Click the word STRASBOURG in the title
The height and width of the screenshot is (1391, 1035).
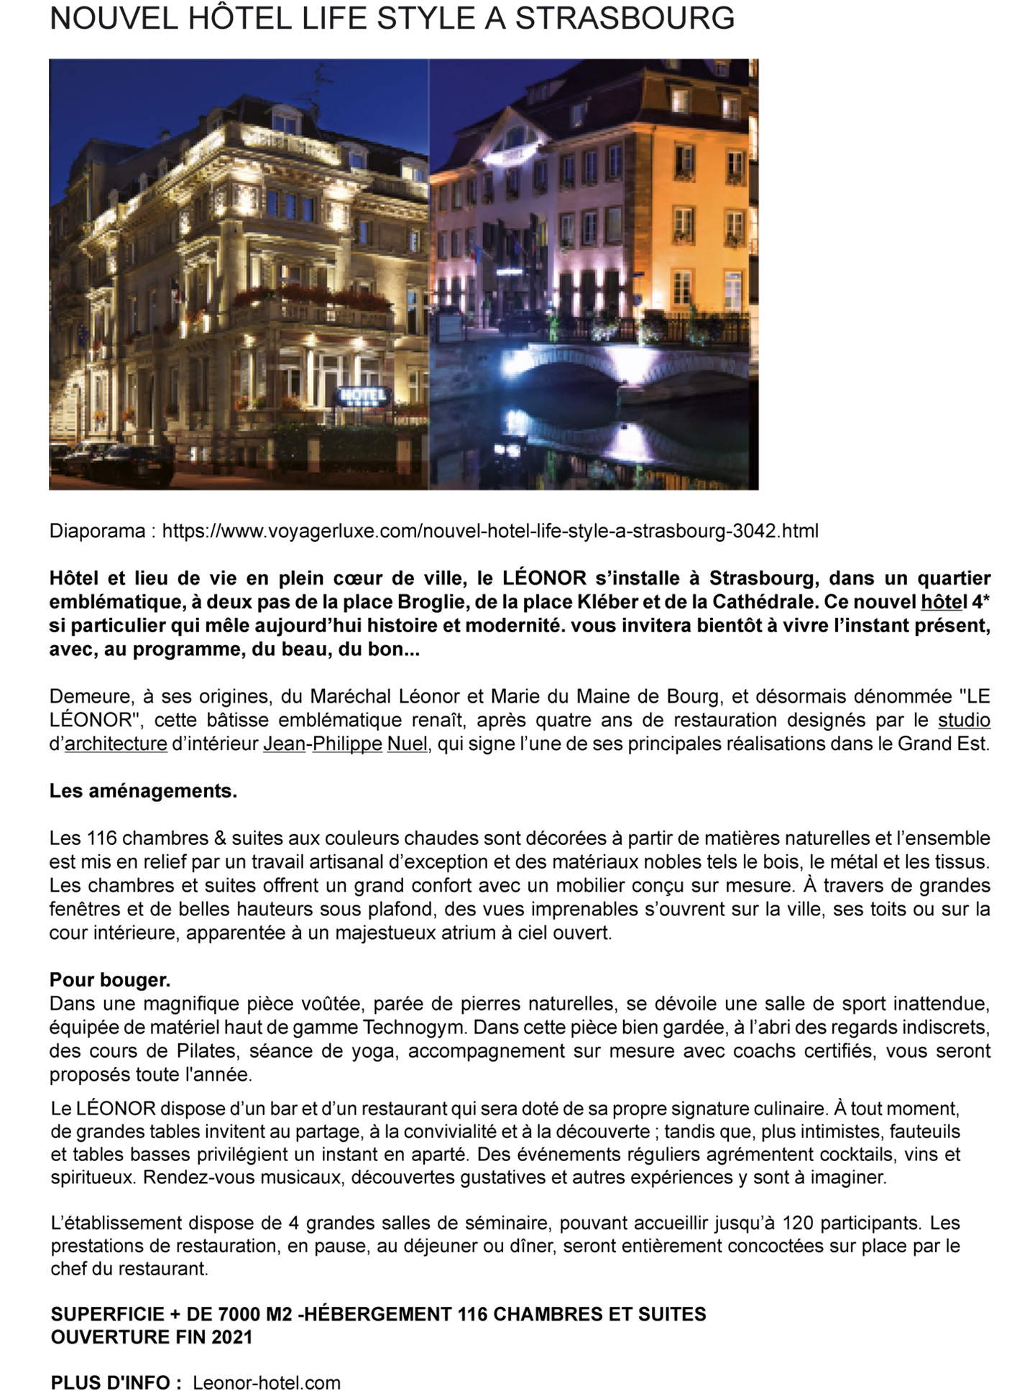[x=625, y=19]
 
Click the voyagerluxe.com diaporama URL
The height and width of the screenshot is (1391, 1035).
[x=490, y=531]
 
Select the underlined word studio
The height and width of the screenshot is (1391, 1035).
[x=964, y=720]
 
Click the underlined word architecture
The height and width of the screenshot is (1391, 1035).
[x=116, y=744]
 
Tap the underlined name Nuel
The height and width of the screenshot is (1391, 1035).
[x=407, y=744]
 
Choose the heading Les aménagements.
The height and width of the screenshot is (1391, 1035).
[x=143, y=791]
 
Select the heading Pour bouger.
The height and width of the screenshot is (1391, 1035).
[x=110, y=980]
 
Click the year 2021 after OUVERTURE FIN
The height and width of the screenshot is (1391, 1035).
[x=232, y=1337]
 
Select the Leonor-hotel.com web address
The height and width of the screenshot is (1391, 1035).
[x=266, y=1383]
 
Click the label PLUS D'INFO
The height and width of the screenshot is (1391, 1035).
[x=116, y=1383]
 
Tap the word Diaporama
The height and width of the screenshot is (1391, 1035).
[x=97, y=531]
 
